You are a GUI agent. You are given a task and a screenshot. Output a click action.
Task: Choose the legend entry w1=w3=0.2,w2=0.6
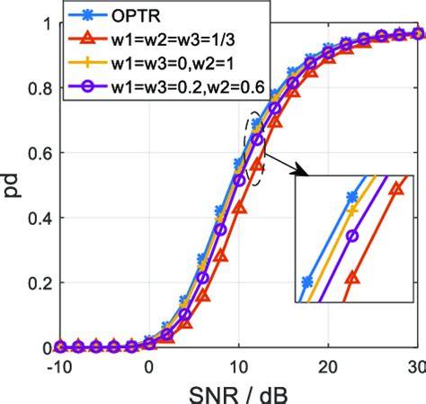[x=179, y=86]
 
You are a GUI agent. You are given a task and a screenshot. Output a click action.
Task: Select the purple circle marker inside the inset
[x=351, y=236]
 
